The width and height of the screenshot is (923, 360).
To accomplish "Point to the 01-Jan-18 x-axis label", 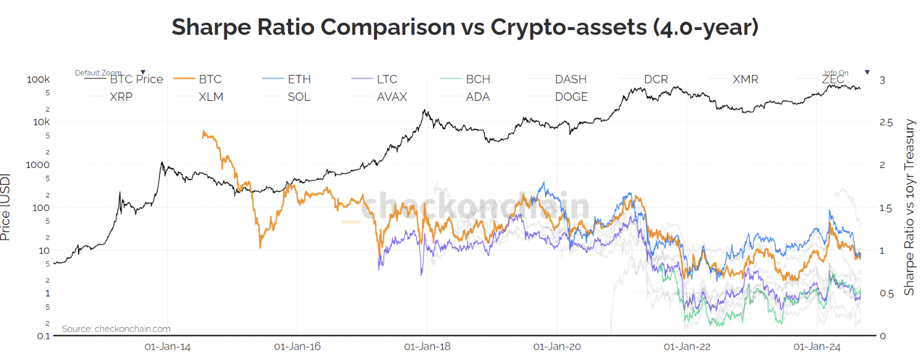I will (427, 347).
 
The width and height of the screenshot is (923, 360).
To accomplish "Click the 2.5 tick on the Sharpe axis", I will (886, 122).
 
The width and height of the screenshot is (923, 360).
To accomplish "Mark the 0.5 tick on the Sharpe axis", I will (886, 293).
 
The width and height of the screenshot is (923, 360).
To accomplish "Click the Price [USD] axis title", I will (6, 208).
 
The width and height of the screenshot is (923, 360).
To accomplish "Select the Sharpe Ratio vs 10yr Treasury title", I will (910, 207).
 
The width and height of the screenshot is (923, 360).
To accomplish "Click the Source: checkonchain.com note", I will (116, 329).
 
